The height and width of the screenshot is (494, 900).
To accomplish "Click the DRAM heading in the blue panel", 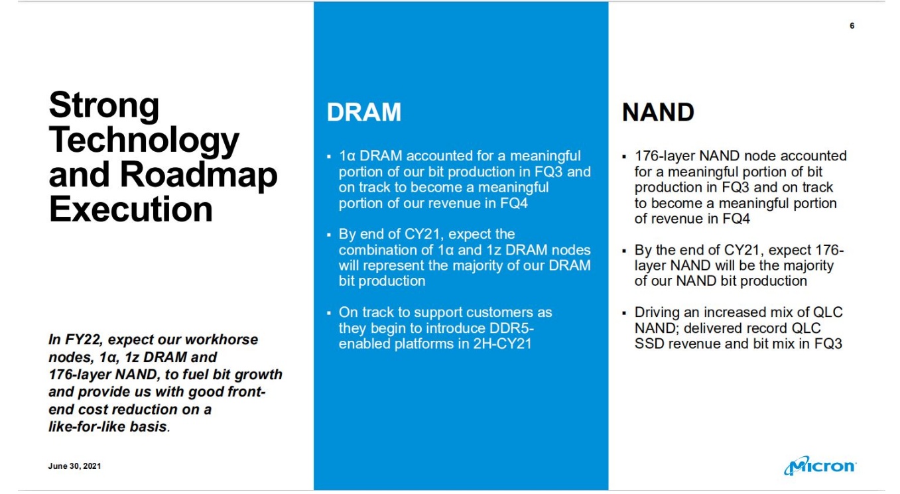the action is pyautogui.click(x=363, y=112).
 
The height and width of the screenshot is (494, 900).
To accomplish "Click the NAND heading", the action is pyautogui.click(x=658, y=112).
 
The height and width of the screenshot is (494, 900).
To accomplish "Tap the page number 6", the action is pyautogui.click(x=852, y=26).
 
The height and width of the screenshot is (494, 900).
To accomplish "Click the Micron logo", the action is pyautogui.click(x=820, y=466).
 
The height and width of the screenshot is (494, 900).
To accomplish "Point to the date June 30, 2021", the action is pyautogui.click(x=74, y=466).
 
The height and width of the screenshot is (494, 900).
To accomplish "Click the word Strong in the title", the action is pyautogui.click(x=104, y=105).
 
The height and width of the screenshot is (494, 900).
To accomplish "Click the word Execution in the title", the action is pyautogui.click(x=131, y=210).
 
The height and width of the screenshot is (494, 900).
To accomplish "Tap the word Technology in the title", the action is pyautogui.click(x=144, y=141).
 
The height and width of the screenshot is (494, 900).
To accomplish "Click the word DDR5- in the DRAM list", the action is pyautogui.click(x=511, y=328).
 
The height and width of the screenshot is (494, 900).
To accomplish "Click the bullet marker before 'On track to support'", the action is pyautogui.click(x=329, y=312).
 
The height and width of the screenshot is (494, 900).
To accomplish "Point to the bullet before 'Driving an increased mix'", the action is pyautogui.click(x=624, y=312).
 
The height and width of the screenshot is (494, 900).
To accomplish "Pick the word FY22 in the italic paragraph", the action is pyautogui.click(x=83, y=340).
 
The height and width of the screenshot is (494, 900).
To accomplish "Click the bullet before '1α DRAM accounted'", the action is pyautogui.click(x=329, y=156).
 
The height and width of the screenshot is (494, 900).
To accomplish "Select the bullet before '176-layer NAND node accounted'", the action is pyautogui.click(x=624, y=156).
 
